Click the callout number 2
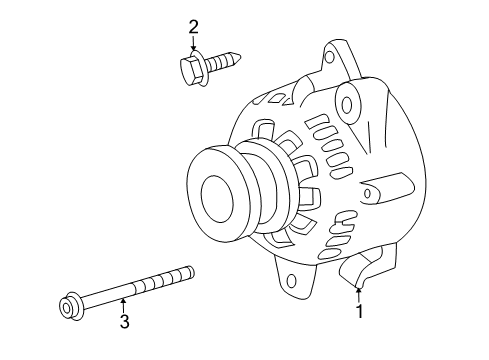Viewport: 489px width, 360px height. [x=194, y=26]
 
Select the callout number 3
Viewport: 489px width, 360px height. [x=123, y=322]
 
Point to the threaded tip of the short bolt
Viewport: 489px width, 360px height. [x=238, y=59]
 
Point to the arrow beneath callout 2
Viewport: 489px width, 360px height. [x=194, y=44]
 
